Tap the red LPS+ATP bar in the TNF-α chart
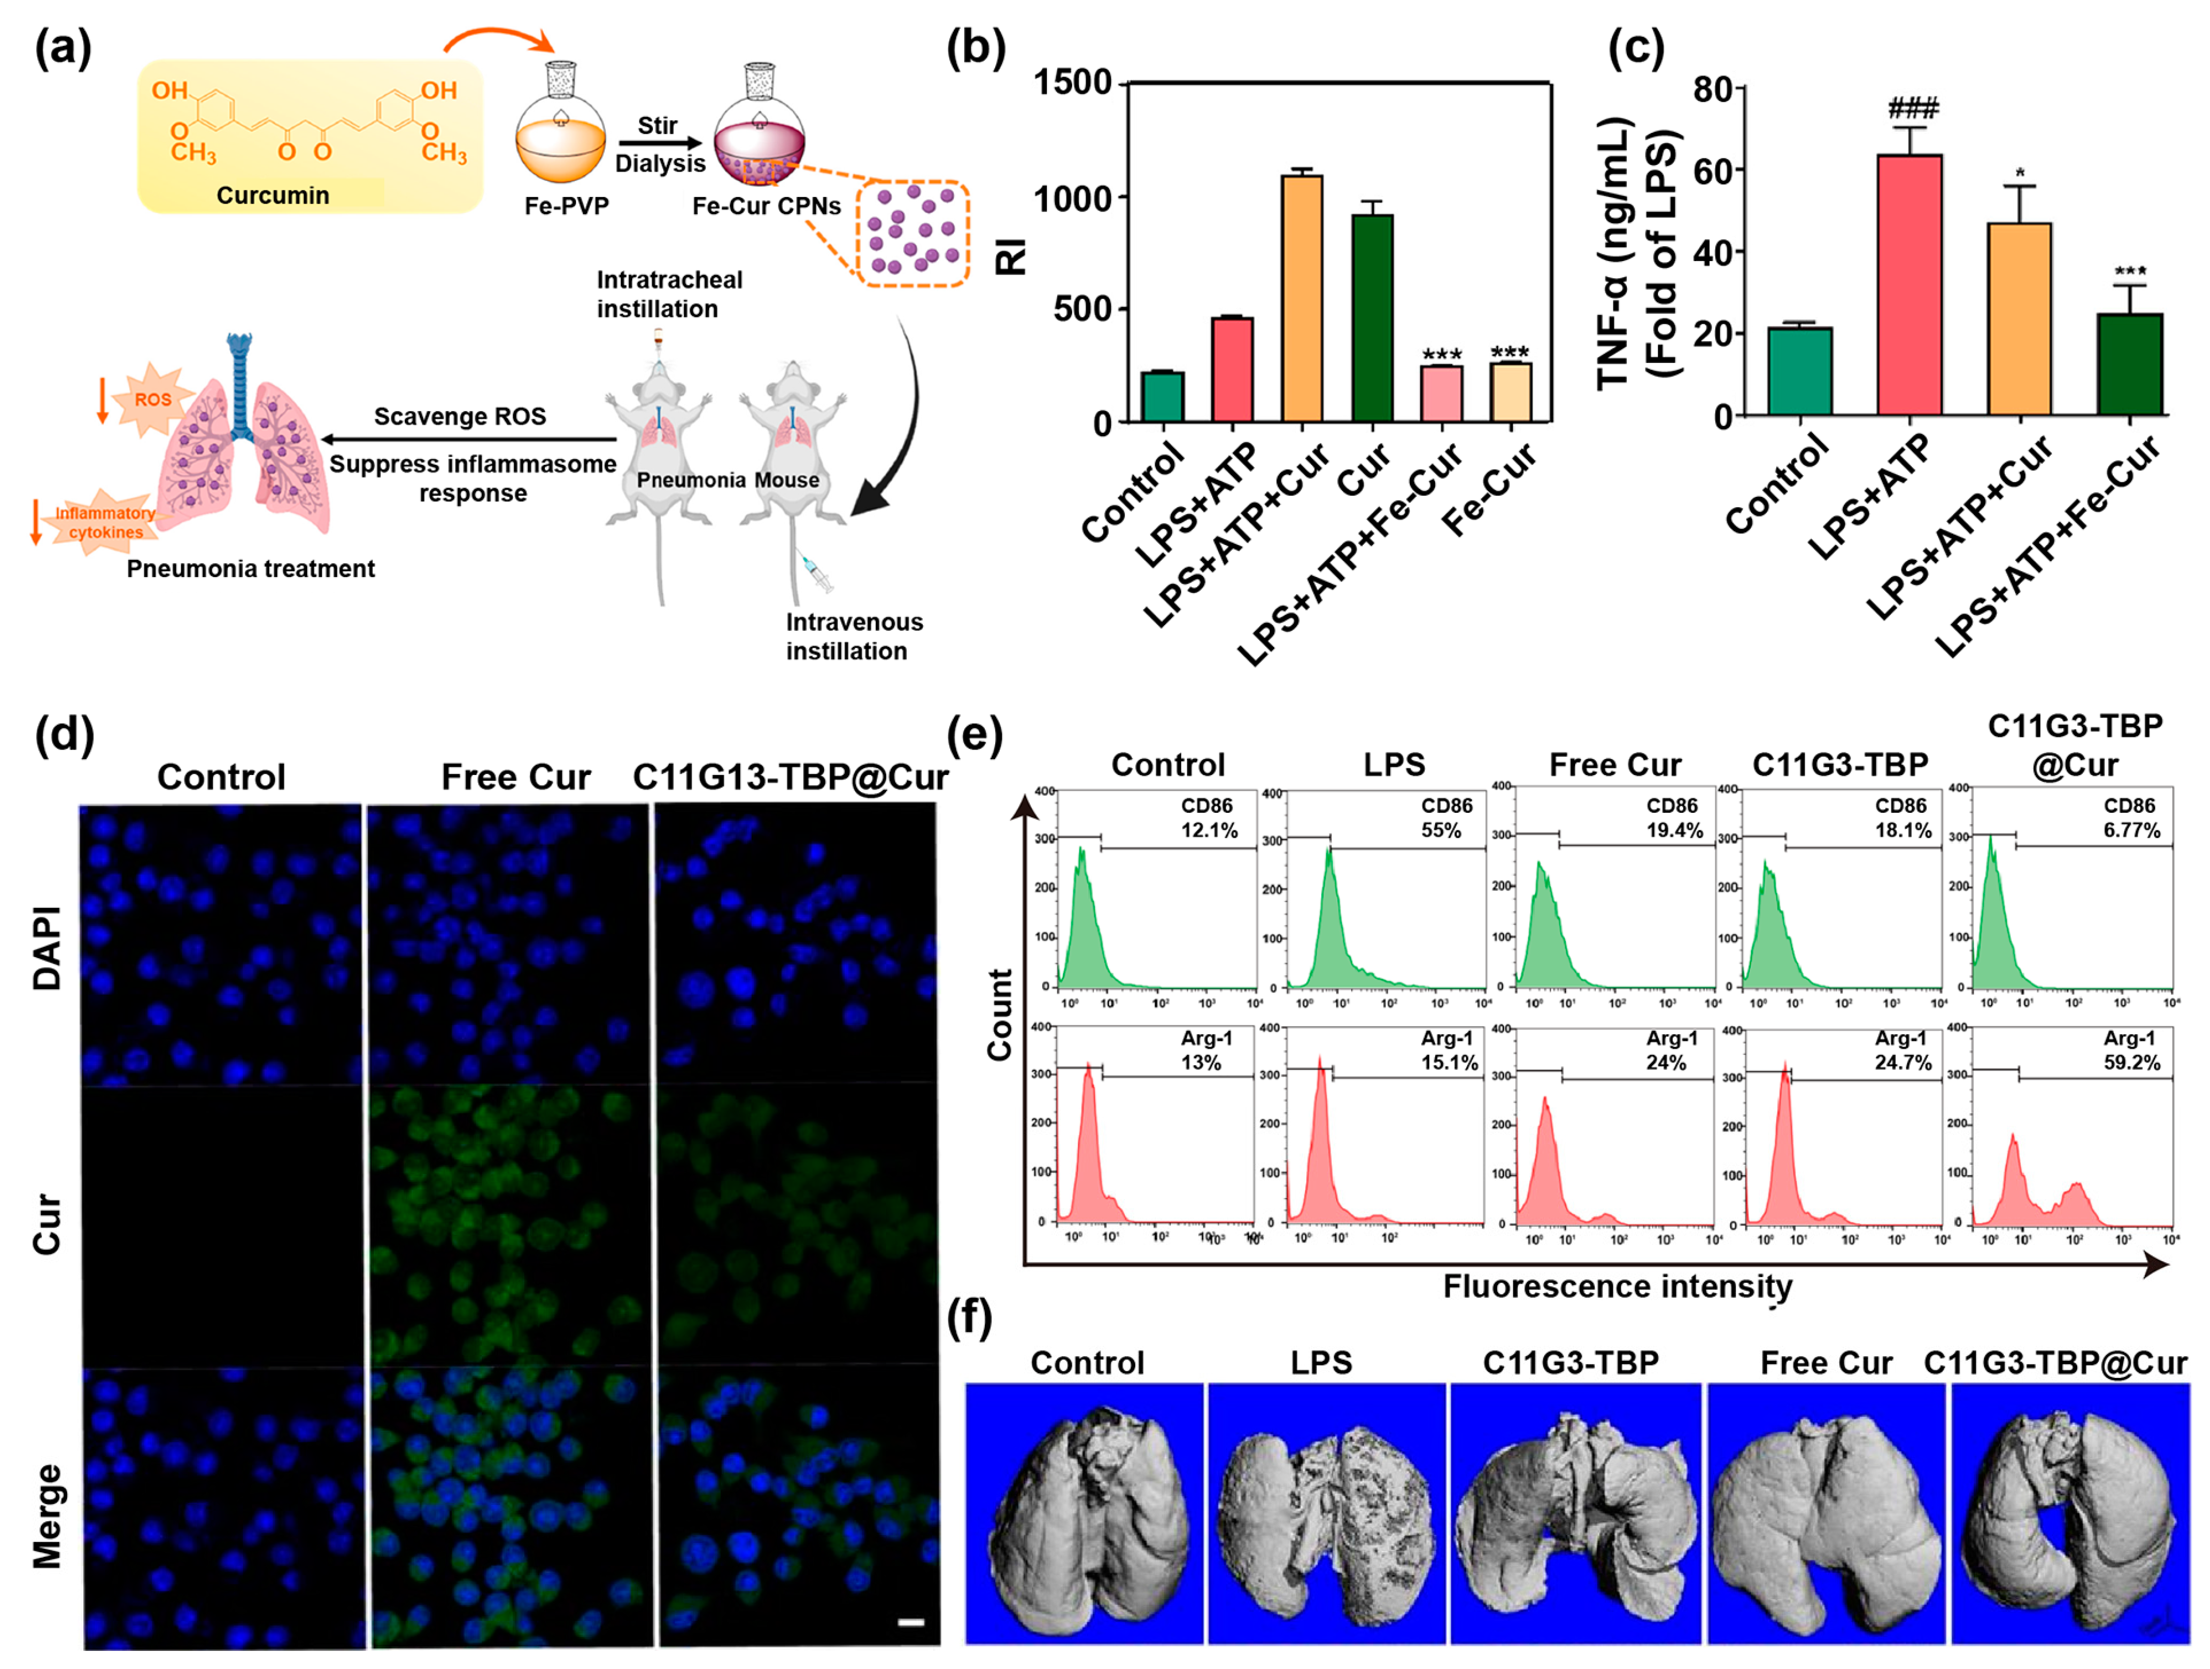[1909, 285]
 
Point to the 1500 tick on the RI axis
[1072, 82]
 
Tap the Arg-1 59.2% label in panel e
[2131, 1051]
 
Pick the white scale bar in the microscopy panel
[910, 1622]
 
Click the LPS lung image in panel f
[1326, 1512]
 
